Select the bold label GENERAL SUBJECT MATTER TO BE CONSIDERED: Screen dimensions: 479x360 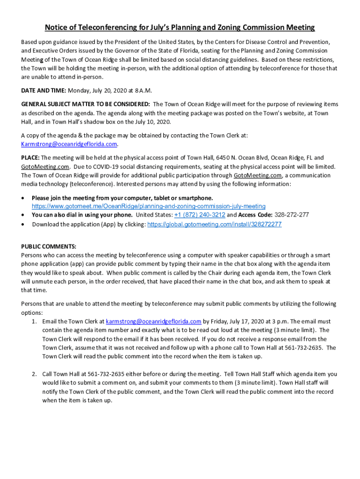coord(86,104)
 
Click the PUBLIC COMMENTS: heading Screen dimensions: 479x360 coord(49,247)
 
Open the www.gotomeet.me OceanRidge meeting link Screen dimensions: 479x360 coord(149,206)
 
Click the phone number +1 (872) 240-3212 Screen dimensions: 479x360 coord(200,215)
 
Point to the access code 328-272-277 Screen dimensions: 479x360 coord(292,215)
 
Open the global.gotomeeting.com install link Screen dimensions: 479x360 coord(215,225)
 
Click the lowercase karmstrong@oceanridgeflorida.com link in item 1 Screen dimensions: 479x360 coord(154,321)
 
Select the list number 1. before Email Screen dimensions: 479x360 coord(34,322)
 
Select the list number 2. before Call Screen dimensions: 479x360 coord(34,374)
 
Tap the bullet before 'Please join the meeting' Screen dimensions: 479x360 coord(23,198)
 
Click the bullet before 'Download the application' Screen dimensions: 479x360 coord(23,225)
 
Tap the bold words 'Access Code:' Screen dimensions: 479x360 coord(255,215)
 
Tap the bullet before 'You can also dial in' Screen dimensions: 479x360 coord(23,215)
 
